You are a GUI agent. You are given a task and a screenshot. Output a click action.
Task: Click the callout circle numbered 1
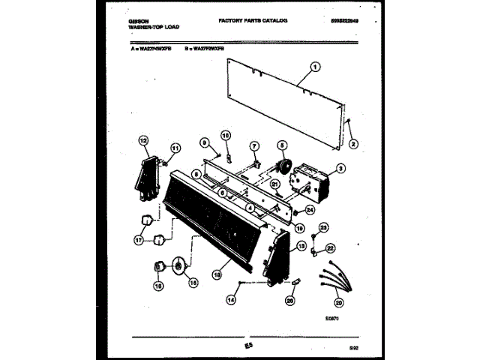315,66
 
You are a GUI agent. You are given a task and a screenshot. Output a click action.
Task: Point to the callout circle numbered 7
253,145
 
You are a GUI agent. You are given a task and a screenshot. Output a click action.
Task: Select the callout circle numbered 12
143,139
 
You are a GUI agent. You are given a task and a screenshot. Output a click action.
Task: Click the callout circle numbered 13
301,246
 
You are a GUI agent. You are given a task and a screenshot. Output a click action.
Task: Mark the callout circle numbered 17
138,241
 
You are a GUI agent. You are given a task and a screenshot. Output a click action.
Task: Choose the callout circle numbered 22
331,247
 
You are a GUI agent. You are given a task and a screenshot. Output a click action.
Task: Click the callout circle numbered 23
323,226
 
